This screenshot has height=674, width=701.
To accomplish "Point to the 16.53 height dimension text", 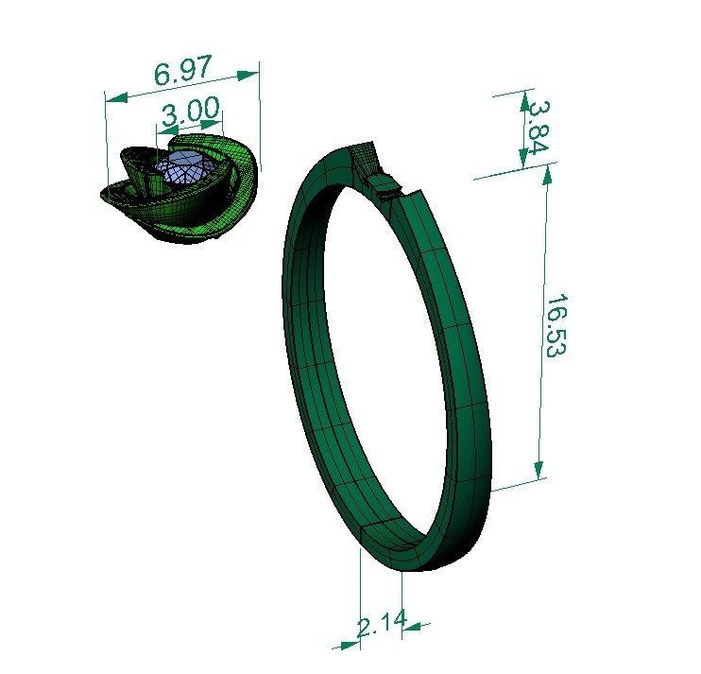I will point(556,325).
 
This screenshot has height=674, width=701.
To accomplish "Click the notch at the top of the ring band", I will point(385,184).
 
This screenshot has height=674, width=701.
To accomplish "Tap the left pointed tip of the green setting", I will point(103,194).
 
